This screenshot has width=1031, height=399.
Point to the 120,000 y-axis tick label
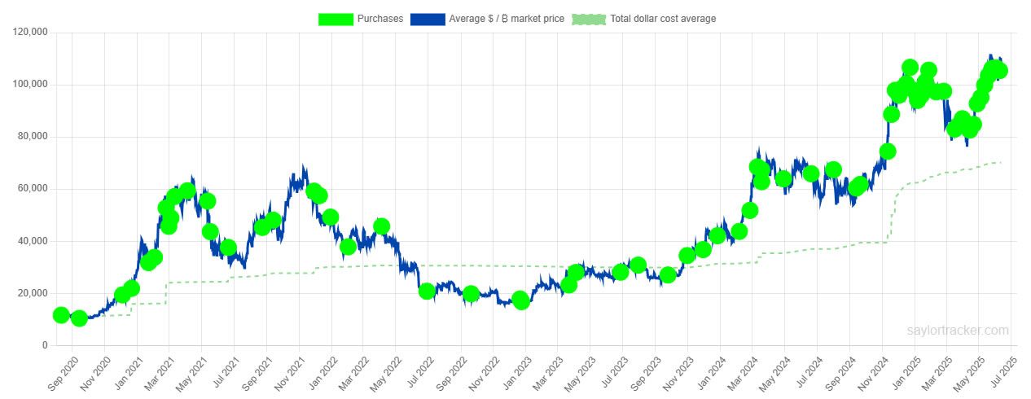pos(30,33)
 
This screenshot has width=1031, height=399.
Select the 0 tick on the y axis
pos(46,345)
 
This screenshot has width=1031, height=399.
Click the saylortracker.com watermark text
pos(958,331)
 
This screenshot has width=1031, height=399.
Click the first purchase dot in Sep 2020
pos(60,315)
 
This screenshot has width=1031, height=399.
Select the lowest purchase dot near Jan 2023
pos(521,301)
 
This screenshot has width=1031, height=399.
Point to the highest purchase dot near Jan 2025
pos(910,68)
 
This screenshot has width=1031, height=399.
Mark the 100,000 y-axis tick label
pos(30,85)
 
